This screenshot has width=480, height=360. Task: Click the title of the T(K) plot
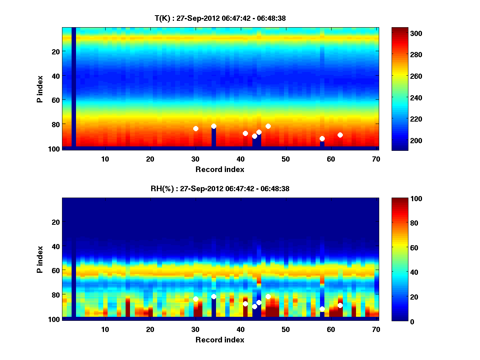220,18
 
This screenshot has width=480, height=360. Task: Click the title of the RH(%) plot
220,188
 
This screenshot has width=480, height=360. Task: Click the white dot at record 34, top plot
214,126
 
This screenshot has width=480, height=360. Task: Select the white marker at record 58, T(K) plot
322,139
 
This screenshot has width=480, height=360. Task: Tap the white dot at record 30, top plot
196,128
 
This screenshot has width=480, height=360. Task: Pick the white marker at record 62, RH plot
340,305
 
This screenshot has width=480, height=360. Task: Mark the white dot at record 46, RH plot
268,296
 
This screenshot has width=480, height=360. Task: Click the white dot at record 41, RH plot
245,304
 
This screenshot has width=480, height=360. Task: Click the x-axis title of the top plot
220,169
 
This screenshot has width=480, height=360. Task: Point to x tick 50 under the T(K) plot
286,159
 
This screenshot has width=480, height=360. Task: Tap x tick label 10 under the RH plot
105,329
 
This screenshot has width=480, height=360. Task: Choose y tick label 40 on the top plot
55,76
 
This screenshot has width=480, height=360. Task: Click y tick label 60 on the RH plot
55,270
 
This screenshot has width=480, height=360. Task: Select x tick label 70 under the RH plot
376,329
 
